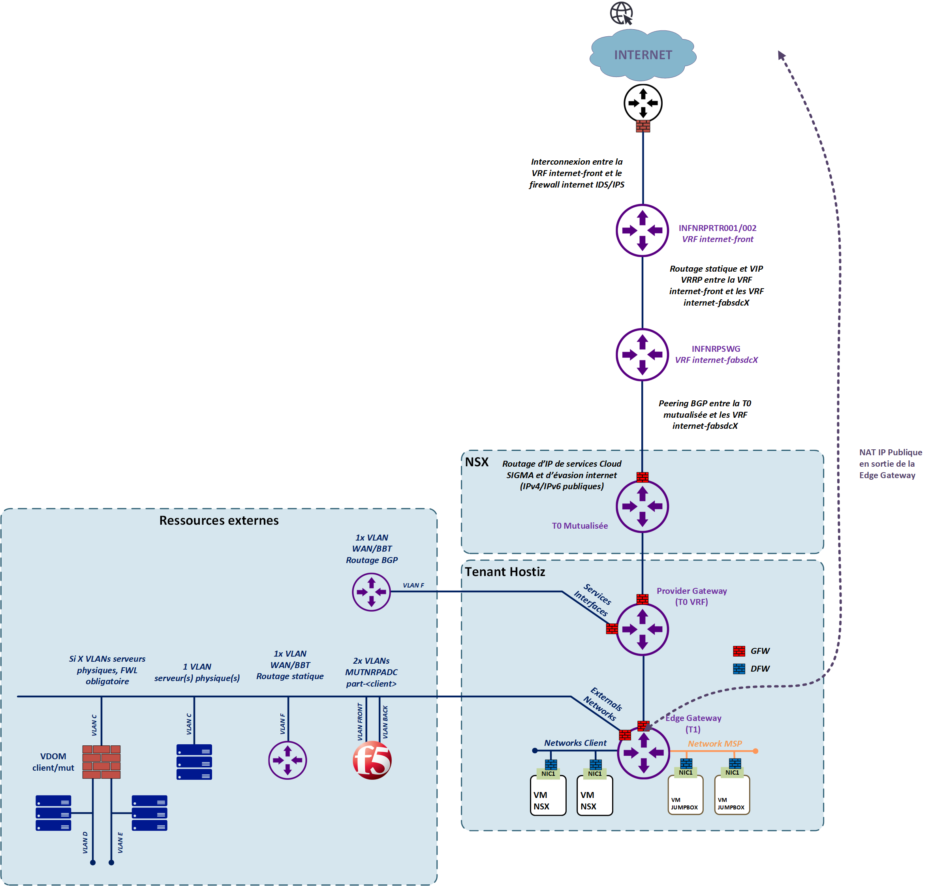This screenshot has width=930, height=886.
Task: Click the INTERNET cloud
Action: tap(643, 55)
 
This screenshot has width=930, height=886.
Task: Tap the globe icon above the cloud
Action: tap(621, 13)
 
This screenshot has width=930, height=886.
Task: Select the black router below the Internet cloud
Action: tap(643, 103)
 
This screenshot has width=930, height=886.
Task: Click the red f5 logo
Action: tap(372, 760)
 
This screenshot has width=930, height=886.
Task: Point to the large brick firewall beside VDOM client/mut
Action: tap(101, 762)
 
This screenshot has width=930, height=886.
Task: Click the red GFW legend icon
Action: tap(739, 651)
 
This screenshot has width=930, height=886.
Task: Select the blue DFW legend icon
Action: tap(739, 669)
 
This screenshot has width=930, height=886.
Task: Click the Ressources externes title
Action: tap(219, 520)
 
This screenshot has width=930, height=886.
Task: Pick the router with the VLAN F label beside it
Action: tap(371, 592)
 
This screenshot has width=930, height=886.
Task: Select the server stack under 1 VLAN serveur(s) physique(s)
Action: tap(194, 762)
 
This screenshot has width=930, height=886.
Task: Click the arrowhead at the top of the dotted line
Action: tap(781, 55)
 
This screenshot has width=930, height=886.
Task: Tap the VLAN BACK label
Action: tap(385, 722)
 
